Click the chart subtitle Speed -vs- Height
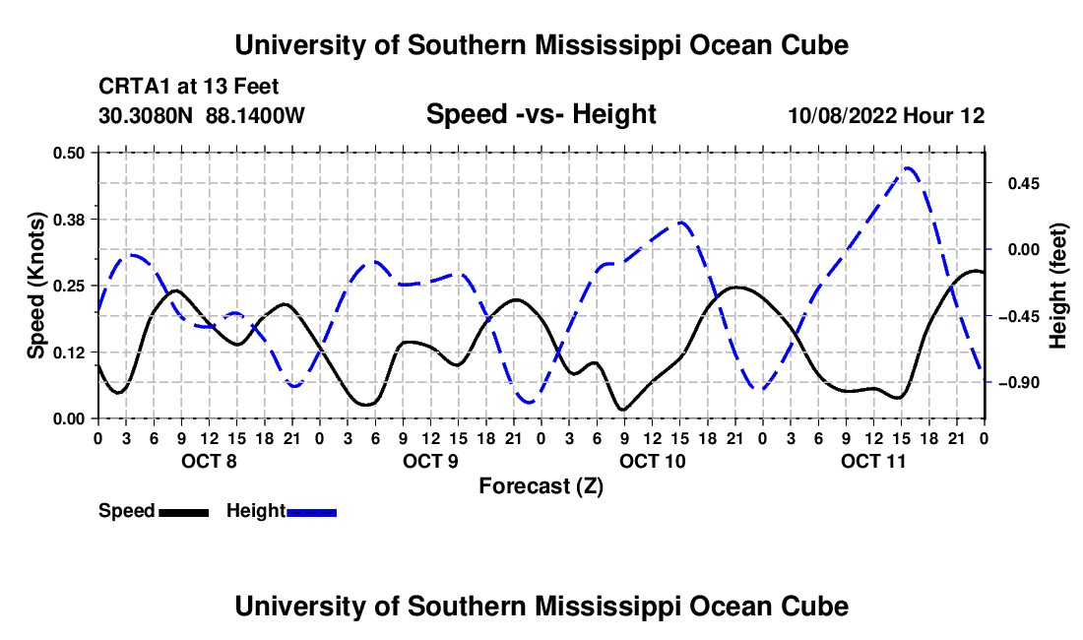pyautogui.click(x=541, y=114)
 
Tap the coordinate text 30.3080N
pyautogui.click(x=146, y=115)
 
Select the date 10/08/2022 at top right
pyautogui.click(x=843, y=115)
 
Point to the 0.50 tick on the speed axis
pyautogui.click(x=69, y=153)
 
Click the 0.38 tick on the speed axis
pyautogui.click(x=69, y=220)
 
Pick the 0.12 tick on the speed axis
pyautogui.click(x=69, y=352)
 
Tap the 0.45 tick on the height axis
pyautogui.click(x=1024, y=184)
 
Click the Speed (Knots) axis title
pyautogui.click(x=35, y=286)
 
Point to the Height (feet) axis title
pyautogui.click(x=1058, y=286)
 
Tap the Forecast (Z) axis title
pyautogui.click(x=541, y=486)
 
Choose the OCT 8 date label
pyautogui.click(x=210, y=461)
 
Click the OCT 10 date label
pyautogui.click(x=652, y=461)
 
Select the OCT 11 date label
pyautogui.click(x=873, y=461)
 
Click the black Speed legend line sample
pyautogui.click(x=184, y=513)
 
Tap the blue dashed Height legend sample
pyautogui.click(x=311, y=513)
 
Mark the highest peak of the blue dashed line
pyautogui.click(x=908, y=167)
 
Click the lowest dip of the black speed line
pyautogui.click(x=623, y=410)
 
